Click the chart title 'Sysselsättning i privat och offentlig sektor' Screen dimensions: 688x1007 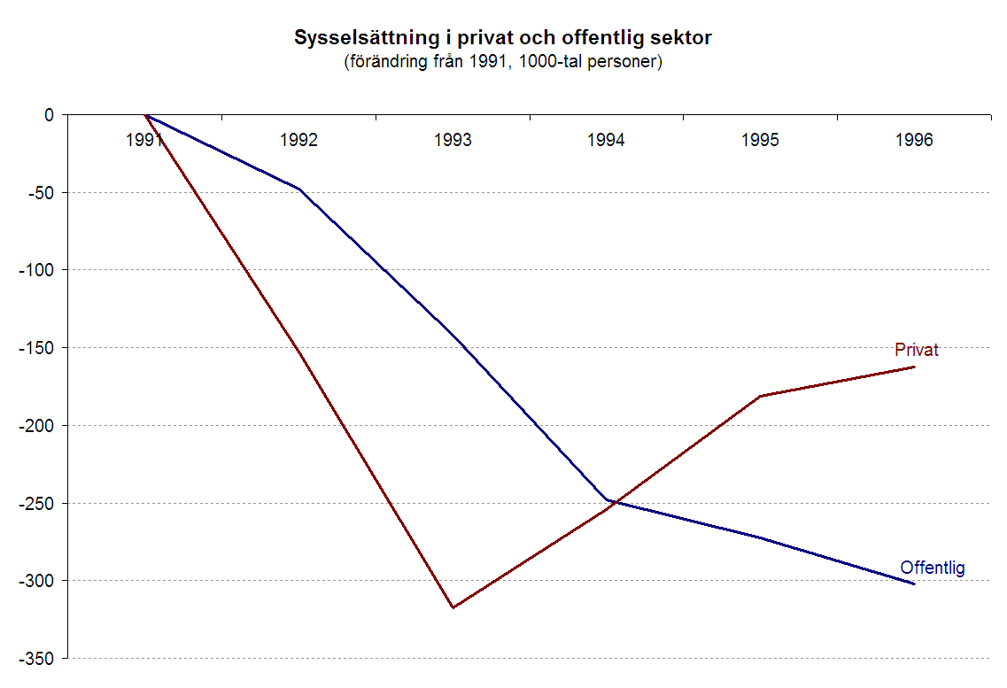click(503, 39)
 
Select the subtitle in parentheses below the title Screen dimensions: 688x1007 click(503, 63)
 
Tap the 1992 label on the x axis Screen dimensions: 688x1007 click(298, 141)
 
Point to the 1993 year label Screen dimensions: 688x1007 click(453, 141)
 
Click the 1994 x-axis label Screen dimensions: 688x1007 click(607, 141)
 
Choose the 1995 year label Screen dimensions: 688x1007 click(761, 141)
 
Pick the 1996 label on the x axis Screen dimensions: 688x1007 click(914, 141)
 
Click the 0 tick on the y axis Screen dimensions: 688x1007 click(49, 115)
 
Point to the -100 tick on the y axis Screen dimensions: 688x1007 click(35, 270)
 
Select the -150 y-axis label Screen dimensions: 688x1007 click(35, 348)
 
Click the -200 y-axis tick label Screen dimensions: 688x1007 click(35, 426)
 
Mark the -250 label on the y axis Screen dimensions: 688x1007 click(35, 503)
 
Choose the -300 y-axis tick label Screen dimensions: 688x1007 click(35, 581)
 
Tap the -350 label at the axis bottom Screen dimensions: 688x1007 click(35, 659)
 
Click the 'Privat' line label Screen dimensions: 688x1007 click(916, 350)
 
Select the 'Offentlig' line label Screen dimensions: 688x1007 click(932, 568)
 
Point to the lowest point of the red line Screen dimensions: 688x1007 click(453, 607)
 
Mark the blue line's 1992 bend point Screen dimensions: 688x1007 click(299, 189)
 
